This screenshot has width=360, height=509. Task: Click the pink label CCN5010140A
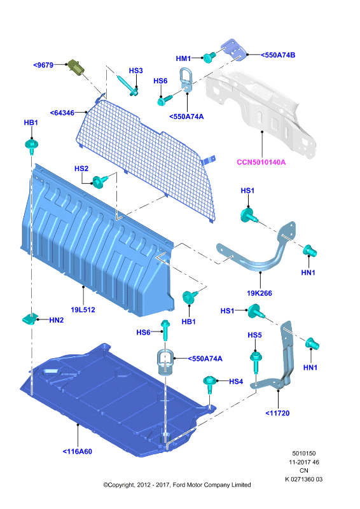(261, 162)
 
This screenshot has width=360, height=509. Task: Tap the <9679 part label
(43, 65)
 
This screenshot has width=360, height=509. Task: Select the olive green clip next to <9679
(76, 67)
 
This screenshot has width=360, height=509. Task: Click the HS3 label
(135, 71)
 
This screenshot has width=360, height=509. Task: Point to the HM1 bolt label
(183, 59)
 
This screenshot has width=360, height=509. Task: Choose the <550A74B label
(278, 55)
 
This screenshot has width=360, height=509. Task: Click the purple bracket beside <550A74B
(233, 50)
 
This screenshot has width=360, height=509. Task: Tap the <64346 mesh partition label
(62, 113)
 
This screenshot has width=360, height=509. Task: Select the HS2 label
(81, 169)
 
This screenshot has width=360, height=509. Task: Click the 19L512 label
(83, 310)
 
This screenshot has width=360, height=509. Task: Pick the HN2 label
(57, 320)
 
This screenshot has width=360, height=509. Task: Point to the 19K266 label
(260, 293)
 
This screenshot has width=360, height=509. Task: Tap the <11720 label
(277, 413)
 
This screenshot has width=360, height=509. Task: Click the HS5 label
(254, 335)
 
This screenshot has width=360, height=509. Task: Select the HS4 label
(236, 381)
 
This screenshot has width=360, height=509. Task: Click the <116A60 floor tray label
(77, 451)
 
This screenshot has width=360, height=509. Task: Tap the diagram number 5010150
(304, 453)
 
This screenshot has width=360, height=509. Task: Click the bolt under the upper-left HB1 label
(32, 146)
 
